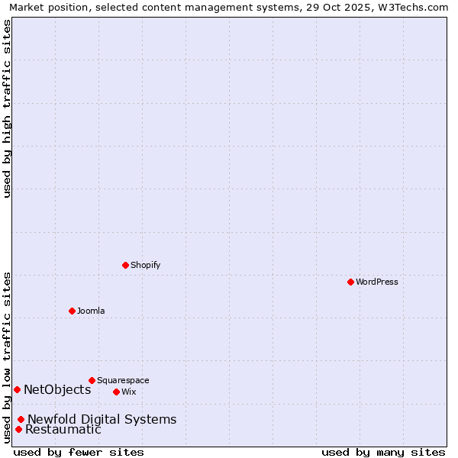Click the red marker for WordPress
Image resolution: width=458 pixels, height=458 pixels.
[x=350, y=282]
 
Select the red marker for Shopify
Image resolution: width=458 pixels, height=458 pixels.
[x=125, y=265]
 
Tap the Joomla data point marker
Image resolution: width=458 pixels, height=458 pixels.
[x=72, y=311]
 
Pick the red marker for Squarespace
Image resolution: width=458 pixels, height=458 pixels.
[x=92, y=380]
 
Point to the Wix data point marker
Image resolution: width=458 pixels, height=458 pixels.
[x=116, y=392]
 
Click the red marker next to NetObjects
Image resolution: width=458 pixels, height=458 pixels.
[x=17, y=389]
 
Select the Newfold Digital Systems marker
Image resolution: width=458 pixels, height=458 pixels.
[x=21, y=419]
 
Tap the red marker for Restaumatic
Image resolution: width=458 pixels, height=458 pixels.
[x=18, y=429]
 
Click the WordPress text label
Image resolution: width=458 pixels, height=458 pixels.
[x=377, y=282]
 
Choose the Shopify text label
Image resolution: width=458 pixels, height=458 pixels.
[x=145, y=265]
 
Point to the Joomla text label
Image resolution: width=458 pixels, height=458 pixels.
[x=91, y=311]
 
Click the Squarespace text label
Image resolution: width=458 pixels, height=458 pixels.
[x=123, y=380]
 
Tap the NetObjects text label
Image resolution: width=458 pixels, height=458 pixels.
[x=57, y=390]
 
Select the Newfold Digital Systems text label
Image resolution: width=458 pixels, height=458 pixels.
[x=102, y=419]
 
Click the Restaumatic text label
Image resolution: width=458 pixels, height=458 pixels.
[x=63, y=430]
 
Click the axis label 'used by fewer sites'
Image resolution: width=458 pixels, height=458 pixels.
[x=79, y=452]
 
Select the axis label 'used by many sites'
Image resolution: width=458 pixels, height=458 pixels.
[x=383, y=452]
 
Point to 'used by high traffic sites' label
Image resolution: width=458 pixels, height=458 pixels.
[x=7, y=108]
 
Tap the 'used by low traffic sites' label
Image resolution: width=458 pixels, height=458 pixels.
[x=7, y=357]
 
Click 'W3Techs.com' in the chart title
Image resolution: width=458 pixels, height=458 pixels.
[x=414, y=7]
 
